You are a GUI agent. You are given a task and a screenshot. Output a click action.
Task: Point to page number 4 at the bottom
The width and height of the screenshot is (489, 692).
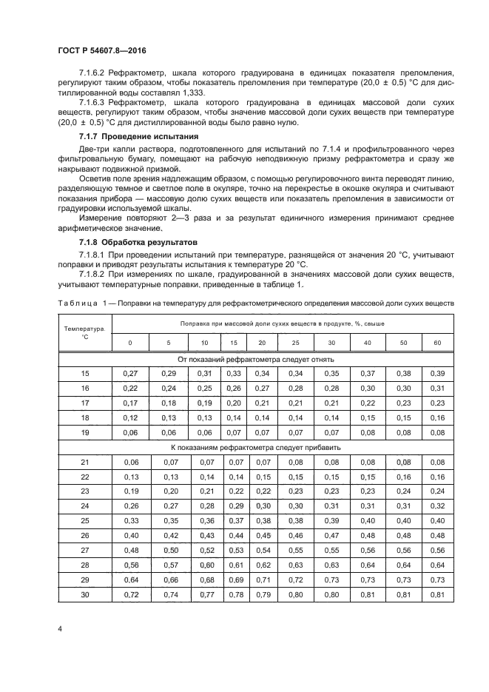(59, 628)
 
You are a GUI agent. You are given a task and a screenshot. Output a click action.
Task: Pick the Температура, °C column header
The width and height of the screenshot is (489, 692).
(84, 331)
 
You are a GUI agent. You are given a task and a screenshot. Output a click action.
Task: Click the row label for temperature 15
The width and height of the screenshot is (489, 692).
(84, 372)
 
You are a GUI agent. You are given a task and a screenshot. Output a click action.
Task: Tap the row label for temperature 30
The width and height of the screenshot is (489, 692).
(84, 594)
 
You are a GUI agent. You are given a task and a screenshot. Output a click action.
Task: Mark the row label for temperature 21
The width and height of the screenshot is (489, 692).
(84, 462)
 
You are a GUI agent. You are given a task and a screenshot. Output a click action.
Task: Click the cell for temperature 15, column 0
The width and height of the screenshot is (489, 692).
(130, 372)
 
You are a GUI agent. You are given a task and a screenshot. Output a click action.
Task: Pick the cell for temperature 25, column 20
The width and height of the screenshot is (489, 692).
(261, 521)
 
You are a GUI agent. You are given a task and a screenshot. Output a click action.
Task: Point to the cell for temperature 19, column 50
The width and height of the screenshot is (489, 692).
(403, 431)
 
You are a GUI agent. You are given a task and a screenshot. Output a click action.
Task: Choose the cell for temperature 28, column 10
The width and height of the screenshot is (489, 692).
(206, 565)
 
